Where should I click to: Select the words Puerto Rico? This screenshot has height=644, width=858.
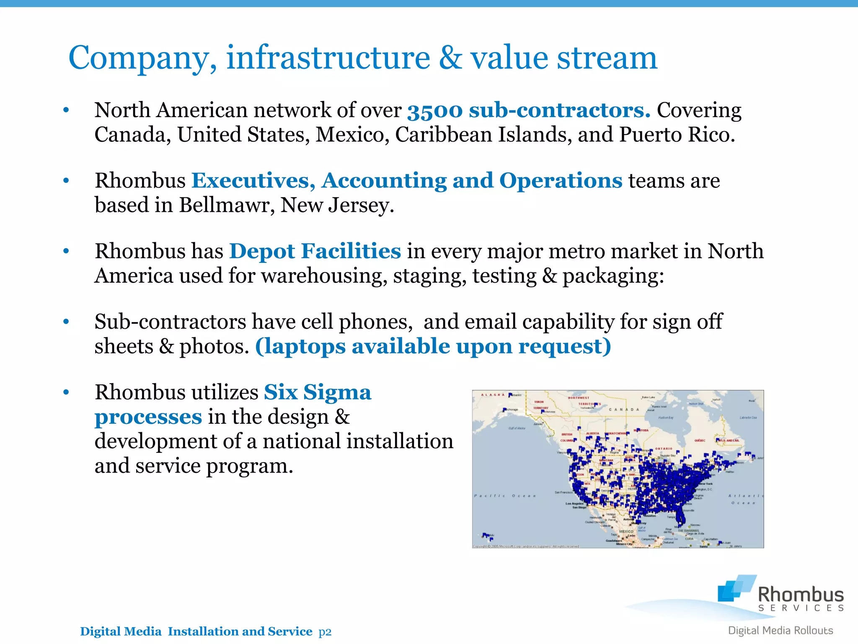pyautogui.click(x=676, y=135)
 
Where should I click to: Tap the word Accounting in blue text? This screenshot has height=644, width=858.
pyautogui.click(x=384, y=181)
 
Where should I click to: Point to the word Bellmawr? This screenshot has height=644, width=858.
pyautogui.click(x=226, y=205)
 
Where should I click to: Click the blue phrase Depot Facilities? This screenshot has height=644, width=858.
pyautogui.click(x=315, y=252)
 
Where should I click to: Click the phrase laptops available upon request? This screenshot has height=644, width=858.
pyautogui.click(x=433, y=347)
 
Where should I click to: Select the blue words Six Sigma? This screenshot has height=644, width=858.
pyautogui.click(x=317, y=393)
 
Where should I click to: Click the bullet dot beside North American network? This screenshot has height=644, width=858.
pyautogui.click(x=66, y=111)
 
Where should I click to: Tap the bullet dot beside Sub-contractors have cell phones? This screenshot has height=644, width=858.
pyautogui.click(x=66, y=322)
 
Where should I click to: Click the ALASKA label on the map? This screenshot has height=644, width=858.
pyautogui.click(x=493, y=395)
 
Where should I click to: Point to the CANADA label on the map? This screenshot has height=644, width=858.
pyautogui.click(x=624, y=410)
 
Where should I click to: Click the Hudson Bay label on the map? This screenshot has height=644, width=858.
pyautogui.click(x=666, y=418)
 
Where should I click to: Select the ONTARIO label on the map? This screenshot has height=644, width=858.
pyautogui.click(x=664, y=449)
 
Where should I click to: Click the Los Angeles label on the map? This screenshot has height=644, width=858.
pyautogui.click(x=574, y=504)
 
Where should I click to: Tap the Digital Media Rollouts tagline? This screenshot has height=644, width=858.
pyautogui.click(x=780, y=631)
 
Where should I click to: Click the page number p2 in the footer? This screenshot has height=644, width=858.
pyautogui.click(x=325, y=632)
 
